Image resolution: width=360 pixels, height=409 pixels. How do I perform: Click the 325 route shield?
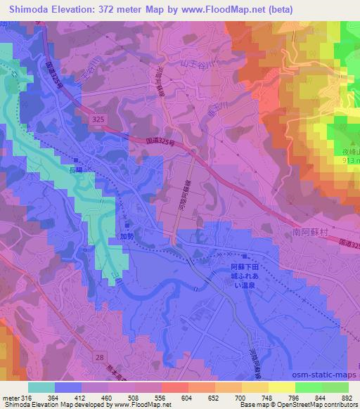coord(98,121)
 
